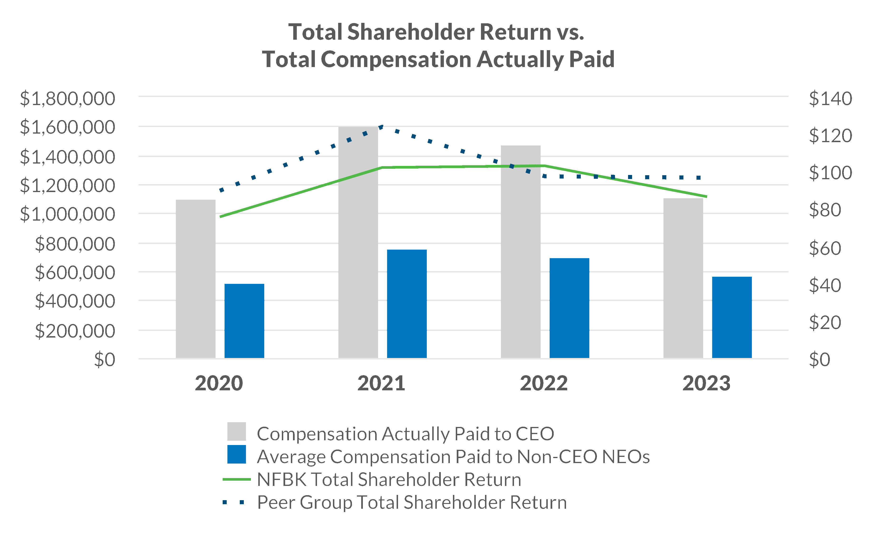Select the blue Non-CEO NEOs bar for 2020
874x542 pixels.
[244, 321]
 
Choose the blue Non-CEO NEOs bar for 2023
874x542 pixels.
[732, 317]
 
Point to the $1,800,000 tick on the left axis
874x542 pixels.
[67, 99]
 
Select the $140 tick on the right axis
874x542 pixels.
[830, 99]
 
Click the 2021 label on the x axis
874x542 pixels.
[381, 383]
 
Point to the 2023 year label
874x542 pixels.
[706, 383]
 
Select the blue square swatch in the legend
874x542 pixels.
[236, 454]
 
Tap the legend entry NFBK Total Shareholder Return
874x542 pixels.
[389, 479]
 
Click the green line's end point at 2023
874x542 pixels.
[706, 196]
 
